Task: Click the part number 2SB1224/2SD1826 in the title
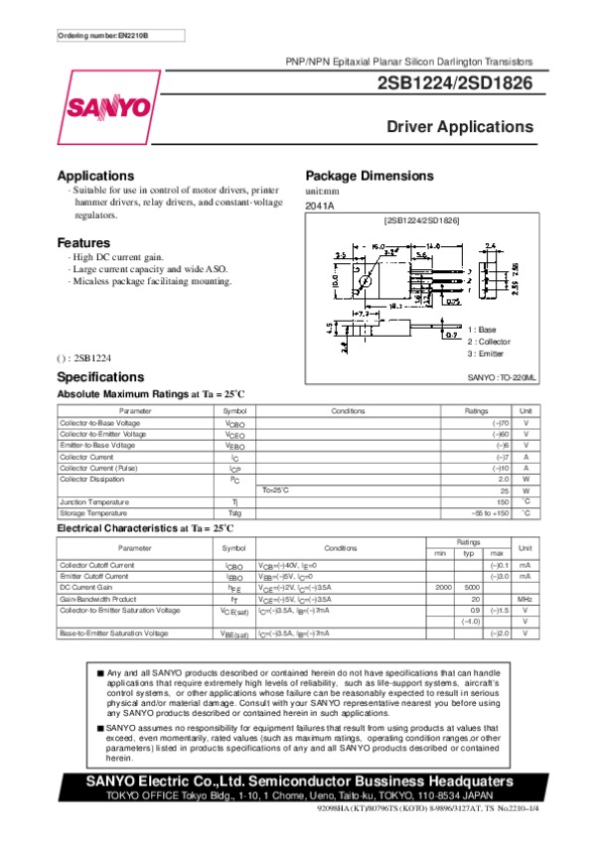click(x=456, y=84)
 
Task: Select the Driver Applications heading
click(x=460, y=128)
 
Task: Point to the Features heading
click(x=83, y=243)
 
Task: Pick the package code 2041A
click(x=319, y=206)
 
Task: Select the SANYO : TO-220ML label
click(x=502, y=378)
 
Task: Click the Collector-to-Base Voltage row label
click(x=102, y=423)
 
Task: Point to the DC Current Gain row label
click(x=87, y=587)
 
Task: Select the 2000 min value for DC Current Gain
click(x=444, y=587)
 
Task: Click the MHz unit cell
click(x=525, y=599)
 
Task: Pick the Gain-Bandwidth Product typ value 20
click(x=475, y=599)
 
